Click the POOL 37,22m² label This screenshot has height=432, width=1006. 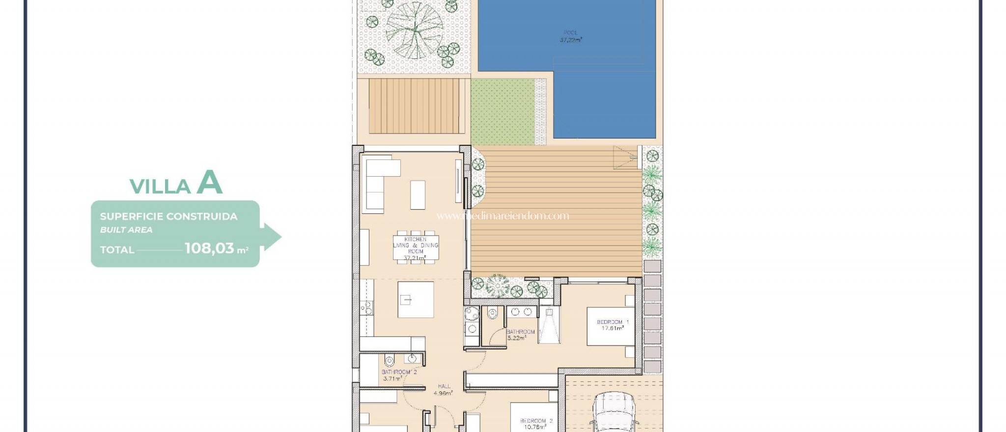(x=570, y=36)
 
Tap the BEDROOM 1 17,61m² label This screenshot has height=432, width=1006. (x=612, y=325)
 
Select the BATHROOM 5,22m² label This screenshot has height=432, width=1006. (x=520, y=335)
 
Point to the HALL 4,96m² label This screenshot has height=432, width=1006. (x=444, y=390)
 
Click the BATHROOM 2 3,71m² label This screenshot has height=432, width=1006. (x=398, y=375)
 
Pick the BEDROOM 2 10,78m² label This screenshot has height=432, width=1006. (x=536, y=424)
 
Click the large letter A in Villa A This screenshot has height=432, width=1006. (x=210, y=183)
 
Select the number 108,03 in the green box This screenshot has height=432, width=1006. (x=210, y=248)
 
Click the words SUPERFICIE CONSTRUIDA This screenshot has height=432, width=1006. (x=168, y=216)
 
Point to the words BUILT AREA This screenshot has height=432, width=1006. (x=126, y=230)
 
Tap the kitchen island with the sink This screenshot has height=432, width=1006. (x=416, y=299)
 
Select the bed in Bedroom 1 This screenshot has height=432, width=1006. (x=611, y=326)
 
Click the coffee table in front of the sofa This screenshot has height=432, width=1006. (x=418, y=195)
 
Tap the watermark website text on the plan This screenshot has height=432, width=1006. (x=503, y=216)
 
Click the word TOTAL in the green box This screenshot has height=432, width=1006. (x=117, y=250)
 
